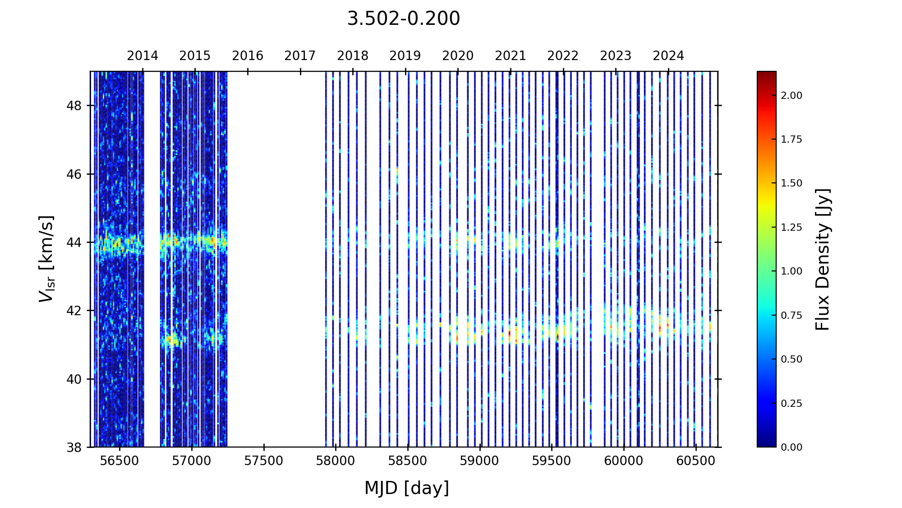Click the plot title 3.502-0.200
(403, 19)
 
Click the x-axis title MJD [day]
(406, 488)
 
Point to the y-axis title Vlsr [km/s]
(46, 259)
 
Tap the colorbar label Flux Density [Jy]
(823, 259)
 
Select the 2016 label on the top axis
(248, 56)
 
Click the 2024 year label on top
(668, 56)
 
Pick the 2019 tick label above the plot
(405, 56)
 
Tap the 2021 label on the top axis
(510, 56)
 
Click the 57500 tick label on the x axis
(264, 461)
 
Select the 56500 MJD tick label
(120, 461)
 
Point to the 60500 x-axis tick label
(696, 461)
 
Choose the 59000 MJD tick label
(480, 461)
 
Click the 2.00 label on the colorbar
(792, 96)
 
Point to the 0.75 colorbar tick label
(792, 315)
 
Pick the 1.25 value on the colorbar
(792, 227)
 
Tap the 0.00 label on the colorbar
(792, 447)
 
